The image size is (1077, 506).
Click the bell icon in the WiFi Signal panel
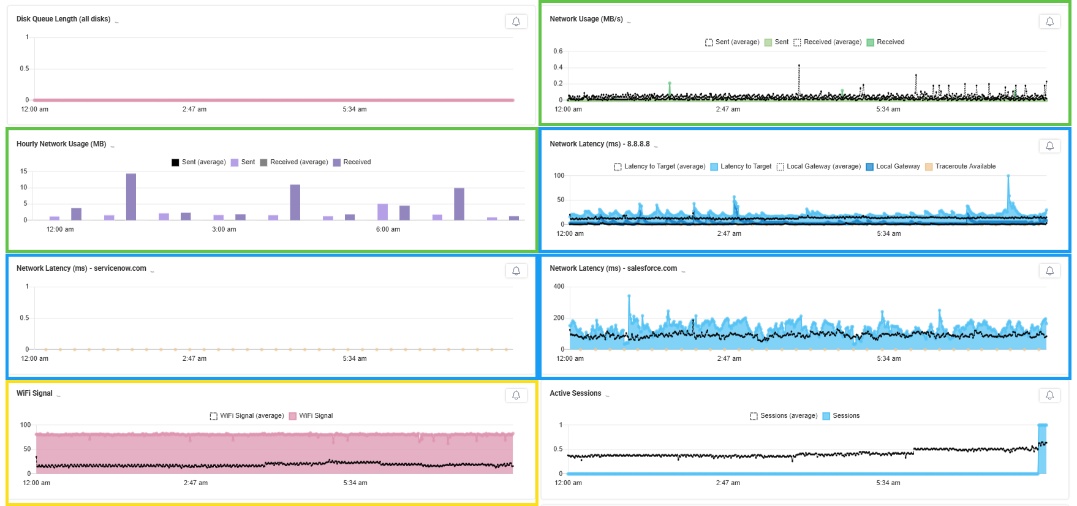click(516, 395)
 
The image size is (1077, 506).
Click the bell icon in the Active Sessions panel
click(1049, 395)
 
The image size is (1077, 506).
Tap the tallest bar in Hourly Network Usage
click(131, 196)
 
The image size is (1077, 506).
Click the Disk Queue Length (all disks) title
click(63, 19)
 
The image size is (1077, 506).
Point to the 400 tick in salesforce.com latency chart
click(559, 286)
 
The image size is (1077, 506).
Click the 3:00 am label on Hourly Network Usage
click(224, 229)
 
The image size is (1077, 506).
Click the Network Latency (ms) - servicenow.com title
click(81, 268)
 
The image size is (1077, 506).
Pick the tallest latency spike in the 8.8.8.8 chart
click(1008, 178)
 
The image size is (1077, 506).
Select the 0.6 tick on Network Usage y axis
click(557, 51)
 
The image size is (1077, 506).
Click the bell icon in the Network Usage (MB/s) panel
click(1049, 21)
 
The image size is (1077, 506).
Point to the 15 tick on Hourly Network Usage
click(24, 172)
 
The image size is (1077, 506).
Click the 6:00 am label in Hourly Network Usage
click(388, 229)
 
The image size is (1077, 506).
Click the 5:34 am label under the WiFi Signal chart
click(355, 483)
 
